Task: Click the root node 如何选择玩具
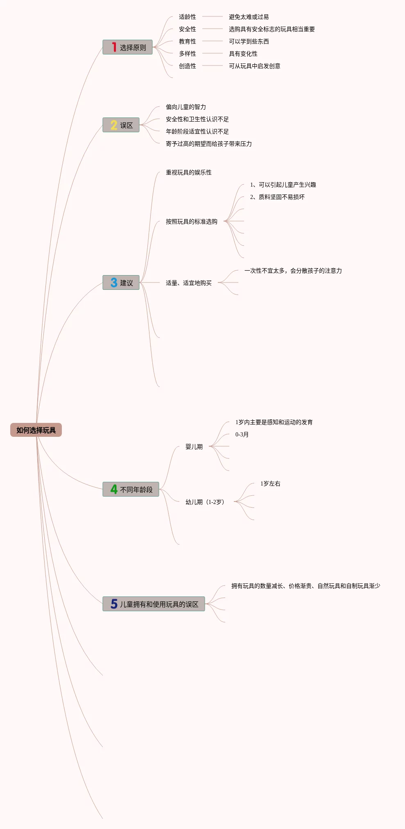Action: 36,430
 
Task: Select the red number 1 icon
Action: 114,47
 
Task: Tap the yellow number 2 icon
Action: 114,125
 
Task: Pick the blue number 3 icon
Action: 114,282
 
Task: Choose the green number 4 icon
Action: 114,489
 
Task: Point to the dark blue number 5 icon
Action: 114,604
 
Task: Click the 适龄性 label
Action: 187,17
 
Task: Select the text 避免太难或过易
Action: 249,17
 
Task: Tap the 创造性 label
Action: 187,66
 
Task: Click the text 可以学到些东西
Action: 249,41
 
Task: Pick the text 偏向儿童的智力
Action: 186,107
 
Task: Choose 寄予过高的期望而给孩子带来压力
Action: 208,144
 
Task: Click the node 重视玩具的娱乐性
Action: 188,172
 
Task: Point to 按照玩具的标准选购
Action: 191,221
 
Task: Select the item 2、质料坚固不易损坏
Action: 277,197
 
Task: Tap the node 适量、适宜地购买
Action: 188,283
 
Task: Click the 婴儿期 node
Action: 194,447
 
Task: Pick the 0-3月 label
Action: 242,434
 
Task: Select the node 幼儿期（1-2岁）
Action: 205,502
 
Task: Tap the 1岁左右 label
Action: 270,483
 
